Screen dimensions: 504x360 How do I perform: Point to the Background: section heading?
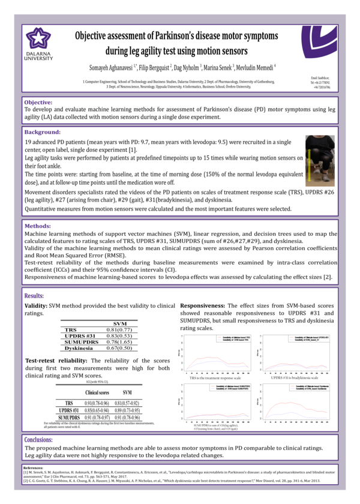pos(43,131)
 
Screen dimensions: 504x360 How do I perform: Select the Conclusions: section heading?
pos(41,439)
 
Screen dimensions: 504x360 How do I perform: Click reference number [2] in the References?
pos(27,481)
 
